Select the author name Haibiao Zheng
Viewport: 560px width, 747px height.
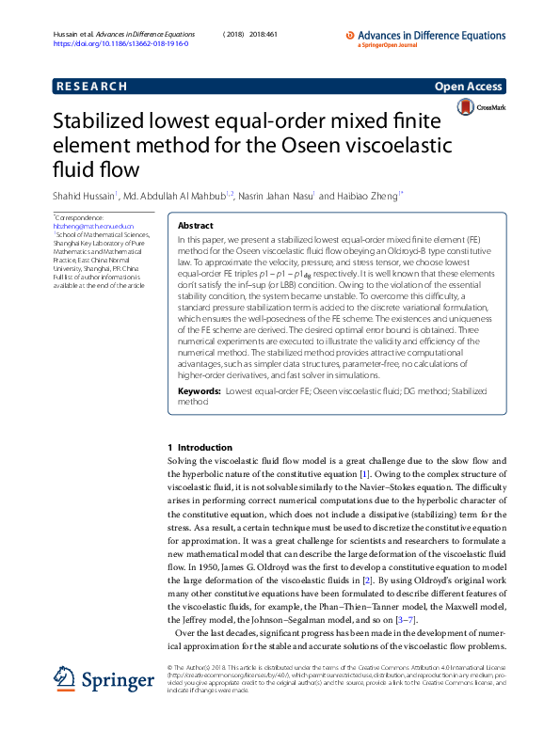(x=368, y=196)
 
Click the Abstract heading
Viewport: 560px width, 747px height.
(x=196, y=226)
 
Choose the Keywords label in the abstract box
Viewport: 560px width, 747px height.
(x=200, y=389)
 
